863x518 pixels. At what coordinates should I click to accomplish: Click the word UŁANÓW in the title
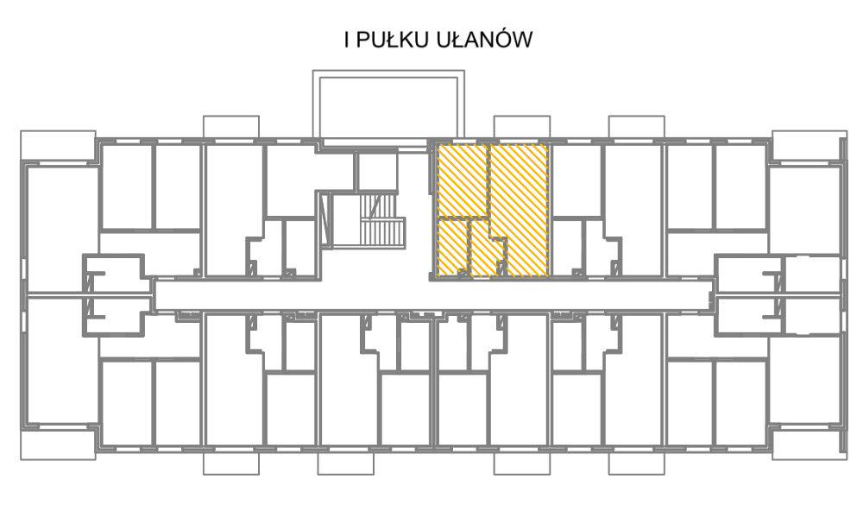(x=484, y=40)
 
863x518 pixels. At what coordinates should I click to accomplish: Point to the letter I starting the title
(x=347, y=41)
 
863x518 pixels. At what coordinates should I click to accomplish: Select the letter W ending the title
(x=524, y=41)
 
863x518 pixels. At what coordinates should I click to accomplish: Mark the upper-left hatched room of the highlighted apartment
(x=463, y=180)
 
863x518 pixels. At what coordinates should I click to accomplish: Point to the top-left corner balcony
(x=58, y=147)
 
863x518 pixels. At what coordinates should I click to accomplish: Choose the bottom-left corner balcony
(x=58, y=445)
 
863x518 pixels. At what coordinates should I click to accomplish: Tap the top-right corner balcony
(x=809, y=147)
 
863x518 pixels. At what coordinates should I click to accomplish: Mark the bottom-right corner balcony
(x=809, y=445)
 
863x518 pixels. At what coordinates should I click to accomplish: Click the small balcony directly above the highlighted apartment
(x=522, y=127)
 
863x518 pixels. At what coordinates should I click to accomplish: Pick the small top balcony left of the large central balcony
(x=231, y=127)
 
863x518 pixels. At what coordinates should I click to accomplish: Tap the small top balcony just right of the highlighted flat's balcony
(x=636, y=127)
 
